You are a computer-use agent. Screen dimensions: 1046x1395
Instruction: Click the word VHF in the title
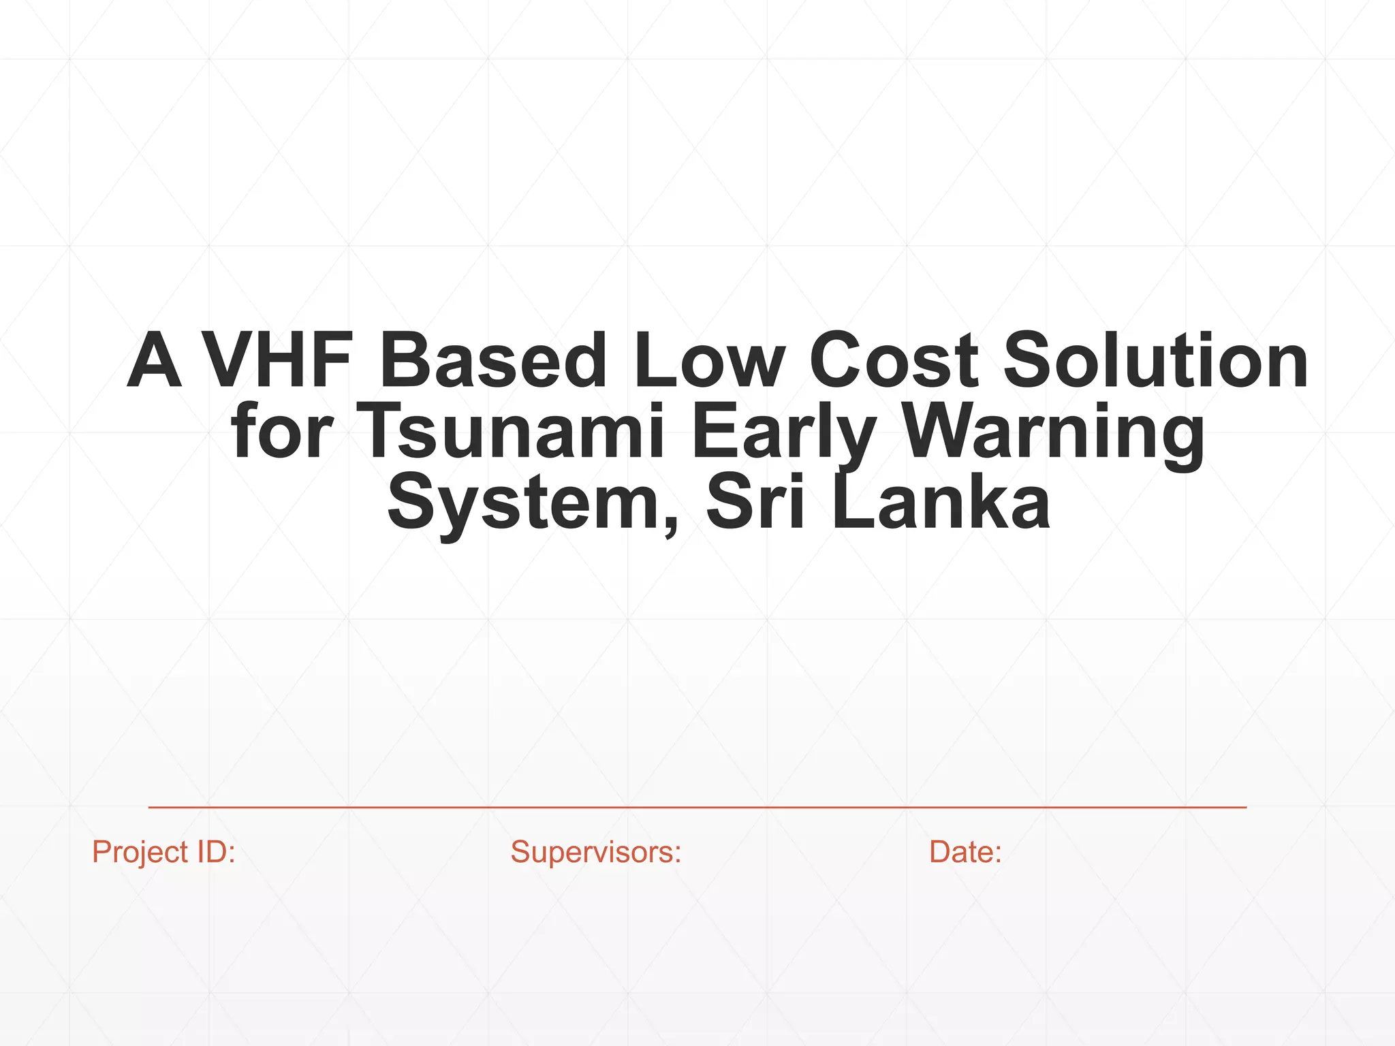tap(277, 360)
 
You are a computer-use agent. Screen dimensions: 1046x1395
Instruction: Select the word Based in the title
tap(492, 360)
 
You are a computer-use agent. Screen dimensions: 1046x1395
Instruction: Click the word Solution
tap(1155, 360)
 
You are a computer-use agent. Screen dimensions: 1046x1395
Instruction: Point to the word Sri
tap(755, 503)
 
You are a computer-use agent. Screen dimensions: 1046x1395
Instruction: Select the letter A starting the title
tap(155, 360)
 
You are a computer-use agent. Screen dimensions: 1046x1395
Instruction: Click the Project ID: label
tap(163, 852)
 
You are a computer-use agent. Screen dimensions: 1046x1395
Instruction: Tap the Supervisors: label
tap(596, 852)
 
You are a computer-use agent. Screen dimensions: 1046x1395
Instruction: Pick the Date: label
tap(965, 852)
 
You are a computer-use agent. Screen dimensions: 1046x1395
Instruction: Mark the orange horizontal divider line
tap(697, 807)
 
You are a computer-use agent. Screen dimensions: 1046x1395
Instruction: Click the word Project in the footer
tap(140, 852)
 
